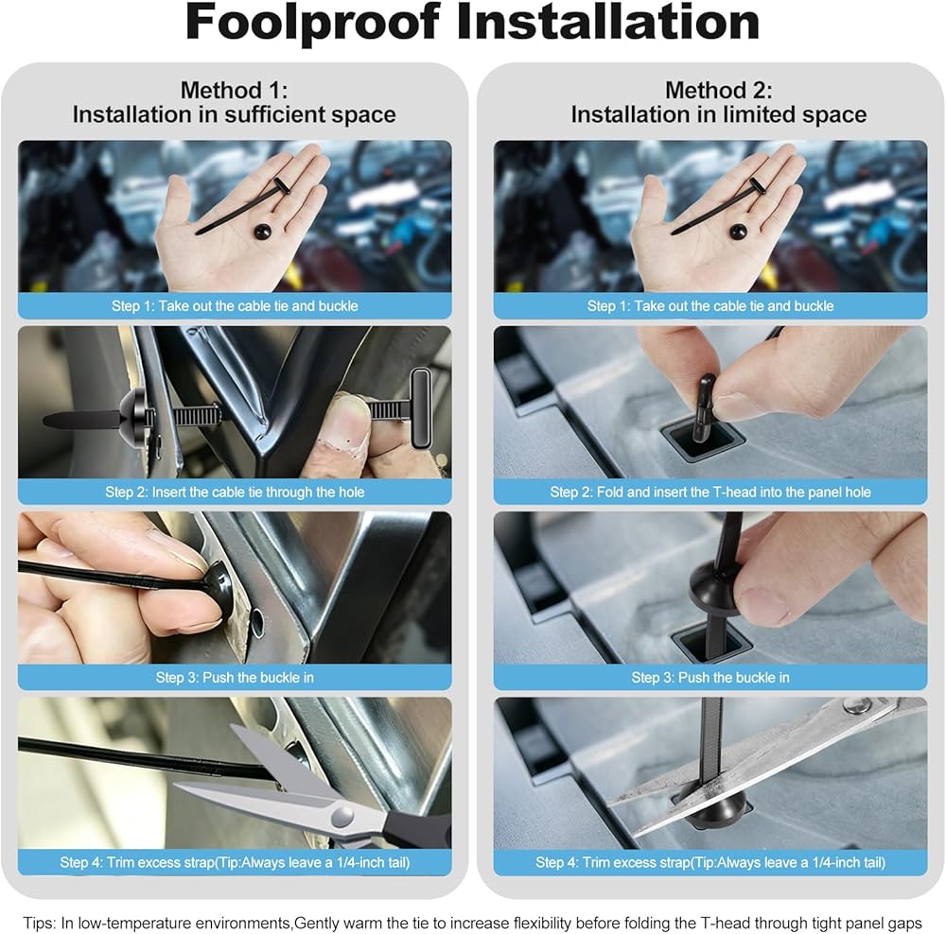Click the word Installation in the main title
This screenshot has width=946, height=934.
coord(608,22)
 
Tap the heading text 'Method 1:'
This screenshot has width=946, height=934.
coord(234,91)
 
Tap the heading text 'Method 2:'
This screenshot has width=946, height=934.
coord(719,91)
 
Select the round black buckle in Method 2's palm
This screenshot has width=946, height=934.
coord(739,231)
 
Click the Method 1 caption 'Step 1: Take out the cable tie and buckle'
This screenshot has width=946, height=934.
coord(235,305)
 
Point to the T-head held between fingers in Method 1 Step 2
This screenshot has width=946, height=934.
coord(421,407)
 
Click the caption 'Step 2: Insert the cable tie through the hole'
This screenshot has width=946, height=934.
coord(235,492)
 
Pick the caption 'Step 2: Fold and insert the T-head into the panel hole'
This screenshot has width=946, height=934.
coord(710,492)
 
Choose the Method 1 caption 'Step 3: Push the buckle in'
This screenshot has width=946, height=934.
coord(235,677)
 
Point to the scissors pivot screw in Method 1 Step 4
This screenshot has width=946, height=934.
coord(342,818)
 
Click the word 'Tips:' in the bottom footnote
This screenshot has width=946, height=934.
coord(40,923)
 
